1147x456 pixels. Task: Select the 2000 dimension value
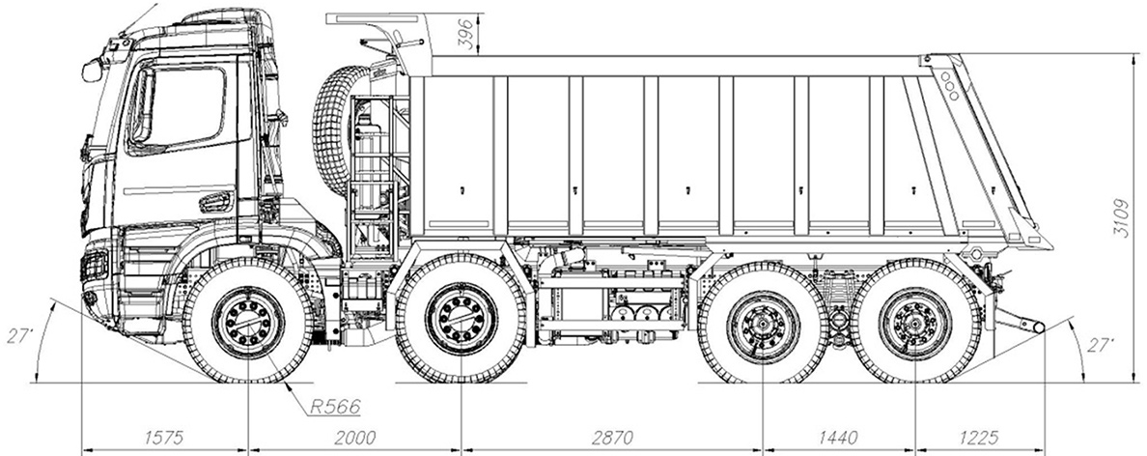356,437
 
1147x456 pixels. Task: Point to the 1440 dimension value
837,437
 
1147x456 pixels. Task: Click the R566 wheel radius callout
331,405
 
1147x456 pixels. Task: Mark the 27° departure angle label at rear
1099,345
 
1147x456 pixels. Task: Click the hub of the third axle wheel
763,322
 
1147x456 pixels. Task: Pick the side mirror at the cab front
93,70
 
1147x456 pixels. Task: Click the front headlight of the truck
96,265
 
